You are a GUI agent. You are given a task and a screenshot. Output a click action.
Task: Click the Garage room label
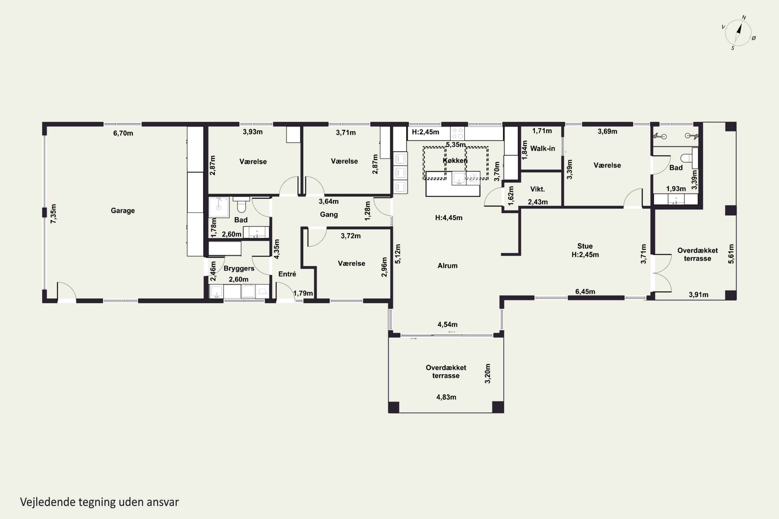123,210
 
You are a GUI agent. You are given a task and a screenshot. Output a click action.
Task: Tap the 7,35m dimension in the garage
53,214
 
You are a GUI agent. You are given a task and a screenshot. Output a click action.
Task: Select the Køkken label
455,161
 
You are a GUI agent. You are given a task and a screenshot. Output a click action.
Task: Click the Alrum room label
447,265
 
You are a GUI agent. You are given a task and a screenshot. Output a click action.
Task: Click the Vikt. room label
537,189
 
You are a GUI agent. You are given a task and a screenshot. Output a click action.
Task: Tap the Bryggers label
239,268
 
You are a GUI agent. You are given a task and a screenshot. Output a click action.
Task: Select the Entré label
287,274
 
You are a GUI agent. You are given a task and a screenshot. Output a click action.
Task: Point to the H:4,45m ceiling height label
449,218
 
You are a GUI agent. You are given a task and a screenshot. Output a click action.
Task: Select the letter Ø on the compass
754,38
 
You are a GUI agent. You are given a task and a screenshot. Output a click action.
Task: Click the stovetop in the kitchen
457,133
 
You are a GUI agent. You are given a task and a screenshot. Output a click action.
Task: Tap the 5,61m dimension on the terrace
731,254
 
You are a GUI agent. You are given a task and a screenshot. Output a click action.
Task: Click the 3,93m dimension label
253,132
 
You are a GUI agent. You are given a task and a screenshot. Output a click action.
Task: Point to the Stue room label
585,246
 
